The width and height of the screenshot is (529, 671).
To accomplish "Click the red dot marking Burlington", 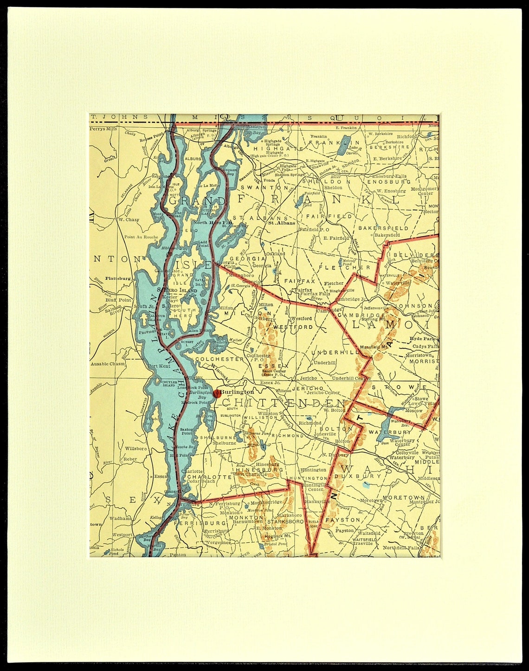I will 217,394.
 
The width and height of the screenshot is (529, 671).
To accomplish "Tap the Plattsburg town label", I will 117,278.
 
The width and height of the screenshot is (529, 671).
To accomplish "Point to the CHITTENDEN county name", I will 284,403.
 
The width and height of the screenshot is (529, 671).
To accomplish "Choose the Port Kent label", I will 159,366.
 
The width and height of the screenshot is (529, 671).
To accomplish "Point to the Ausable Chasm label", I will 108,364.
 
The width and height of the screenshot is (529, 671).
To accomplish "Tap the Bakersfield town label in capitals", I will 383,228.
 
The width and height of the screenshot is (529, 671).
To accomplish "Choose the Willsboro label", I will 135,449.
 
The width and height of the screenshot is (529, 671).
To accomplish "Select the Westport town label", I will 122,535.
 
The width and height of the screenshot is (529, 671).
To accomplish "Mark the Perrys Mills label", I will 103,129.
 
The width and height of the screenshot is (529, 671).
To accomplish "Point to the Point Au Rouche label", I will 141,237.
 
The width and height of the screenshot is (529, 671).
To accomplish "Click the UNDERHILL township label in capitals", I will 335,353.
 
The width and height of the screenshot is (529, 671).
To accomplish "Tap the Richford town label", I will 407,137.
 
